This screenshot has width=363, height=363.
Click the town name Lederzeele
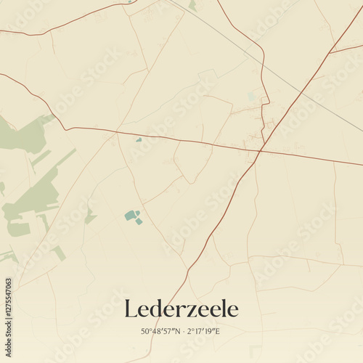tap(181, 309)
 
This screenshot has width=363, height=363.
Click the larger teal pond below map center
tap(131, 215)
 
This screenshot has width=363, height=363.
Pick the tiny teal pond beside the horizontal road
tap(139, 139)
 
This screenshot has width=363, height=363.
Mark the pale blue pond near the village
tap(251, 97)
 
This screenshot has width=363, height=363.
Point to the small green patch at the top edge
tap(192, 5)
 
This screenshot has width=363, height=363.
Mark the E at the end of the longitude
tap(218, 331)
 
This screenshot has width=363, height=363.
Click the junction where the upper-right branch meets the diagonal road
tap(330, 53)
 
